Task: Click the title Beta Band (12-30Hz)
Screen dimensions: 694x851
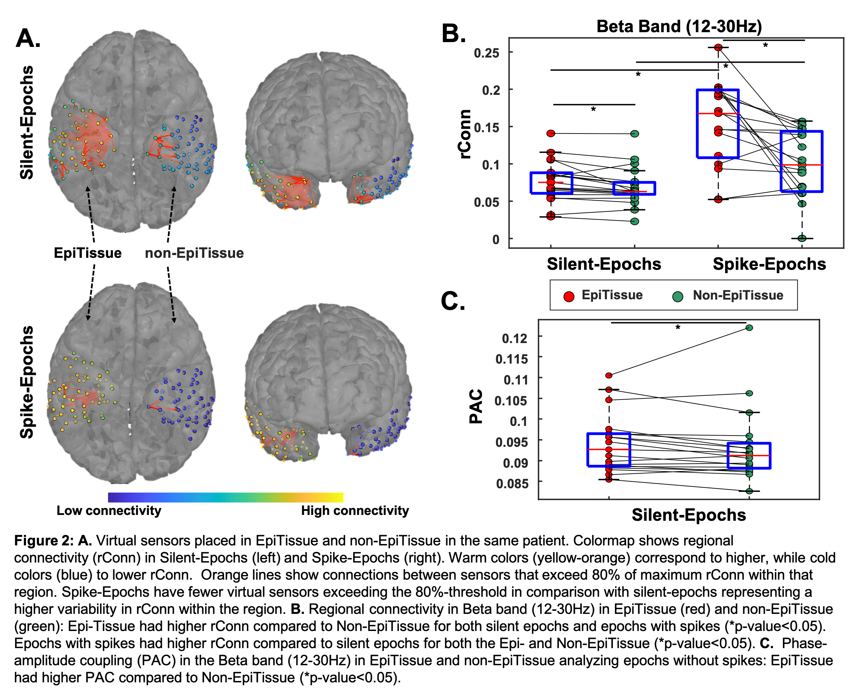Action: [679, 26]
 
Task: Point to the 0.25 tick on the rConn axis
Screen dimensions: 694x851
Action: [486, 53]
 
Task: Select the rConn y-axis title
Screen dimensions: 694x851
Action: [465, 134]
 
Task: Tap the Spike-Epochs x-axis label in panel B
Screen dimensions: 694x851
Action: [769, 264]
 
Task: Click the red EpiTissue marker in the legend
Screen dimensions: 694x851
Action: [569, 296]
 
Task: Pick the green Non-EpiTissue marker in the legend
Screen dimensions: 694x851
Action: [678, 296]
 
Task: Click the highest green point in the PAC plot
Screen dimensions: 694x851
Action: [749, 328]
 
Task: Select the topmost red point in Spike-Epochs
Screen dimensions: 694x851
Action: [718, 48]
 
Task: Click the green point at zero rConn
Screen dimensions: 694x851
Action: [801, 238]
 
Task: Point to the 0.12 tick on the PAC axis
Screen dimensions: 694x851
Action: [515, 339]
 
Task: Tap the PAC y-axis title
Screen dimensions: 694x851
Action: [476, 406]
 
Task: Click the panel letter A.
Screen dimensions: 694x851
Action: [28, 39]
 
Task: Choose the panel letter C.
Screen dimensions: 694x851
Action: [453, 301]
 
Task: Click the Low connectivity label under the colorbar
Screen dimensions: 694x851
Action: [109, 510]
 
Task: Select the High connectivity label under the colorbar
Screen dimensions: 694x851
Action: [355, 510]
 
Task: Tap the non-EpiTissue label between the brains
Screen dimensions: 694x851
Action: [194, 253]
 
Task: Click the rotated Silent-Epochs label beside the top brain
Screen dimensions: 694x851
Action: [27, 122]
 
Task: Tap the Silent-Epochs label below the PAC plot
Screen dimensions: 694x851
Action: [688, 515]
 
